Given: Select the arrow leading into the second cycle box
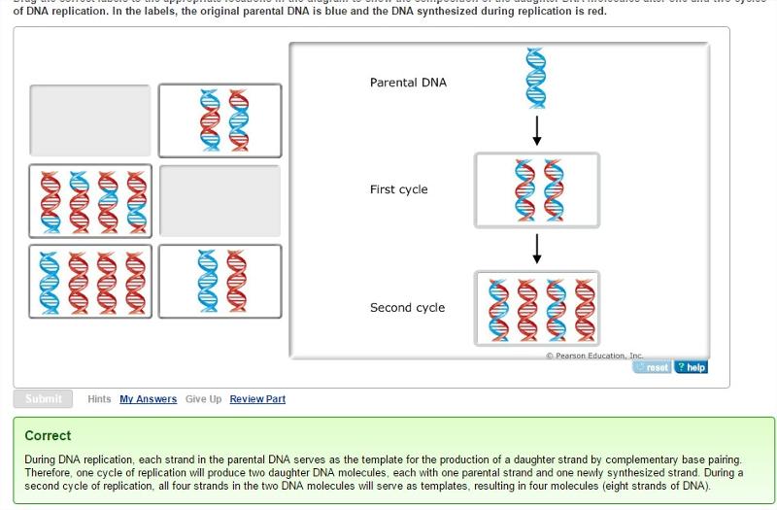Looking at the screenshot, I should click(x=536, y=250).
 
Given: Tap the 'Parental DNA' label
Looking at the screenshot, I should click(x=408, y=83).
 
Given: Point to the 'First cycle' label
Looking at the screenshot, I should click(x=398, y=189).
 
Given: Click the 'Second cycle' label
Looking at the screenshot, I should click(x=407, y=308).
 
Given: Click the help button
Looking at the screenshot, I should click(x=691, y=367).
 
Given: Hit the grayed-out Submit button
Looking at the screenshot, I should click(x=43, y=398).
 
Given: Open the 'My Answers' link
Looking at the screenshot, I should click(x=148, y=399).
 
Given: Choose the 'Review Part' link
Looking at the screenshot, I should click(x=257, y=399).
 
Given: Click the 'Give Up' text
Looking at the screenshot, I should click(x=203, y=399).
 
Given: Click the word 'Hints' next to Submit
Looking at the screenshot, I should click(x=99, y=399).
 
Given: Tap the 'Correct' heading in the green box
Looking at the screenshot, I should click(x=48, y=435).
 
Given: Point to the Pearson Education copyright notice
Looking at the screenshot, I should click(x=594, y=357).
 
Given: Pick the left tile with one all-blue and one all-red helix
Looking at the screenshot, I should click(x=220, y=280).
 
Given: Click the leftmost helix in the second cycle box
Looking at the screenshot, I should click(x=496, y=308).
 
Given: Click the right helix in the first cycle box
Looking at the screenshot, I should click(x=553, y=189).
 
